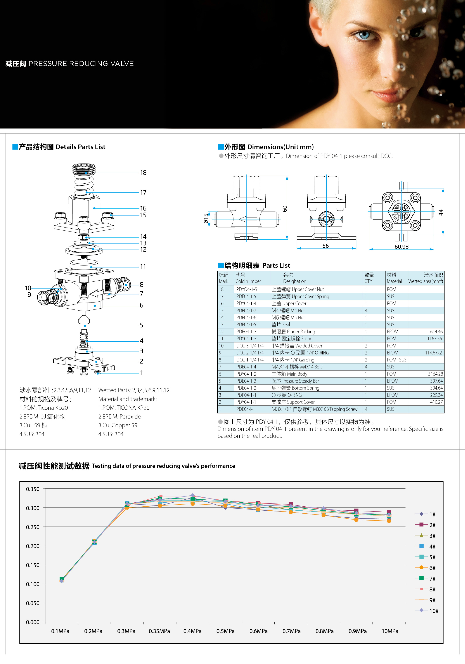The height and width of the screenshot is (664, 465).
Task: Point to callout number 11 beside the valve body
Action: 143,267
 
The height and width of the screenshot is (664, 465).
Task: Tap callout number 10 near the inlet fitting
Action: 28,288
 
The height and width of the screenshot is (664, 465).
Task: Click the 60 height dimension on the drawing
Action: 285,209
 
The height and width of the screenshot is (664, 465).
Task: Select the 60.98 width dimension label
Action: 401,247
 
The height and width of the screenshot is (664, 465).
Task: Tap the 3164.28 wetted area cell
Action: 435,374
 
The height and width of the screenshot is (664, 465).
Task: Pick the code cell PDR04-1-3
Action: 246,332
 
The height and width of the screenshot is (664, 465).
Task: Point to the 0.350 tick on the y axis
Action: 33,489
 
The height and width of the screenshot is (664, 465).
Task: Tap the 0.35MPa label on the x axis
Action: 159,631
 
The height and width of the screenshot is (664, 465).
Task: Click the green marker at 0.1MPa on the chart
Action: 62,579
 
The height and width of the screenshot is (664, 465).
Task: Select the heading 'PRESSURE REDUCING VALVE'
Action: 81,64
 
